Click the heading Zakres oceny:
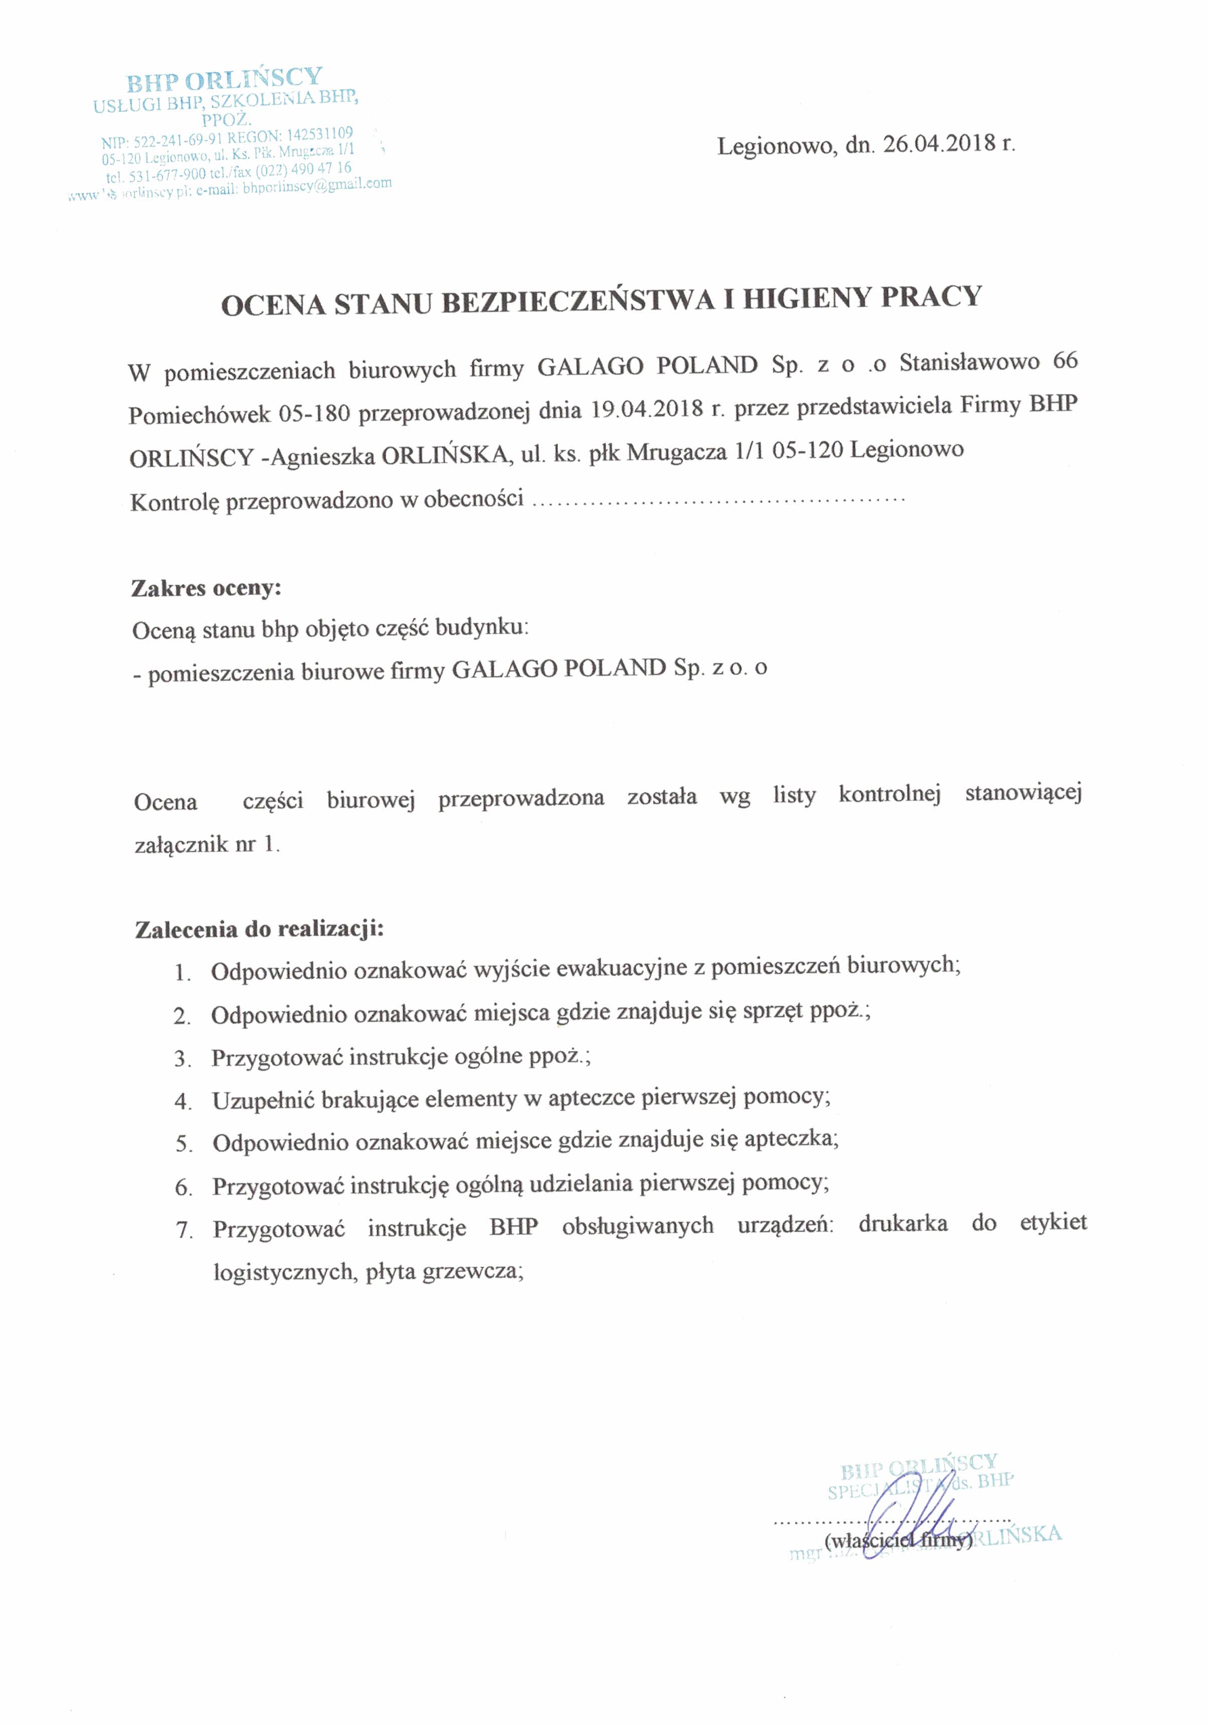[206, 588]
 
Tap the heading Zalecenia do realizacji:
[259, 930]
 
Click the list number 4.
[183, 1102]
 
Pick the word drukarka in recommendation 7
[902, 1223]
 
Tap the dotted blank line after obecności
[718, 498]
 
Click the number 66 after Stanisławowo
[1065, 361]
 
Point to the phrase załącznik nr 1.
[207, 845]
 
